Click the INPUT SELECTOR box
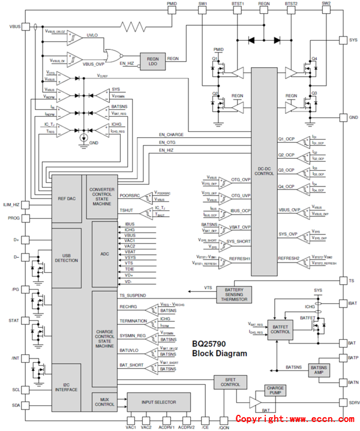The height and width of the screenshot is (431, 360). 158,402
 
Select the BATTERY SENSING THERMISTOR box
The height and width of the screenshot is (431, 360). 233,294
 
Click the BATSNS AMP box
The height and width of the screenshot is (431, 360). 318,370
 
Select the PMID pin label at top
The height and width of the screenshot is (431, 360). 172,4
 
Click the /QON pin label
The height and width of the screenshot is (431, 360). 223,426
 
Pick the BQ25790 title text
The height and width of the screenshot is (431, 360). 210,344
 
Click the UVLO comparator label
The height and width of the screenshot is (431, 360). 92,35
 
